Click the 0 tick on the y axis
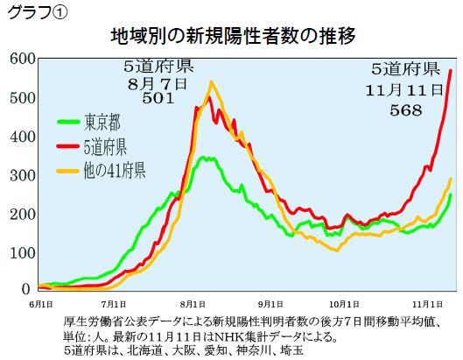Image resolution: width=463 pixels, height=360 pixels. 26,289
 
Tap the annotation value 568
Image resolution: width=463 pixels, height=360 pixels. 405,110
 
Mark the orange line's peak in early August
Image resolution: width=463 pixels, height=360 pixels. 211,82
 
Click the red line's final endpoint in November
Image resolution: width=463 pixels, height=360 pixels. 451,70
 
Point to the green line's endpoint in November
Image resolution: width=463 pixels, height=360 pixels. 451,194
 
